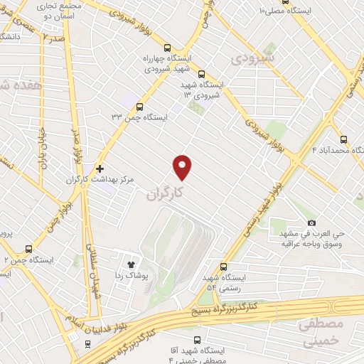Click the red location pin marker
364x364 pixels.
183,166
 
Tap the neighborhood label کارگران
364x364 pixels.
168,192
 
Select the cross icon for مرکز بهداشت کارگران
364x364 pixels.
100,169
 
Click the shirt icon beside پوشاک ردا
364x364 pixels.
131,262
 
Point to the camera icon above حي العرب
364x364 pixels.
311,223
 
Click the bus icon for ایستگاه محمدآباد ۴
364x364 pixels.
344,139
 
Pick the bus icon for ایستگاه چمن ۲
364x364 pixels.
28,249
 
